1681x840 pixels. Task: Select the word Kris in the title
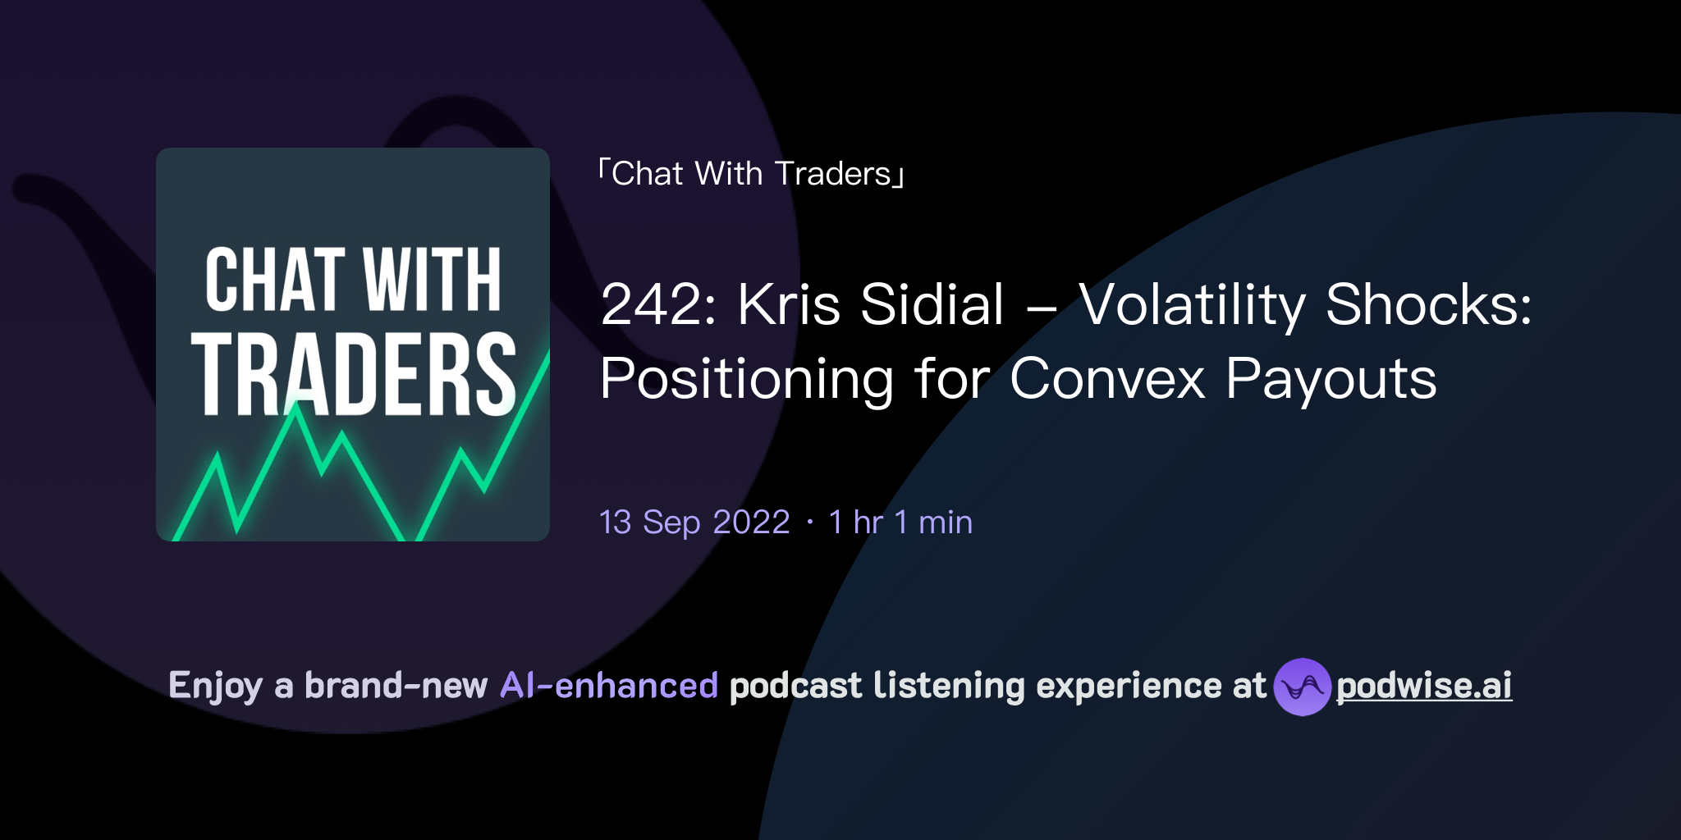click(788, 305)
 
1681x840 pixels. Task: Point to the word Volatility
click(1191, 305)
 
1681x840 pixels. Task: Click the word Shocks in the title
click(1428, 305)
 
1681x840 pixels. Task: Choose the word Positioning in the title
click(746, 380)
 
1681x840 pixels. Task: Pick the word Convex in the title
click(1107, 380)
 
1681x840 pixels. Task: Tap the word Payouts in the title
click(1331, 380)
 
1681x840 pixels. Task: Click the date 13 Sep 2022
click(694, 523)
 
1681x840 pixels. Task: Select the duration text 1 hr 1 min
click(900, 523)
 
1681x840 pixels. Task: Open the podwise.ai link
click(1424, 687)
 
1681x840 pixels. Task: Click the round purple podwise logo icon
click(1302, 687)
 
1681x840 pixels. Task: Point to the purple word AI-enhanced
click(609, 686)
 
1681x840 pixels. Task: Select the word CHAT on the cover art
click(275, 281)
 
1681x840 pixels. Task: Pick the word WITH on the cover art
click(432, 281)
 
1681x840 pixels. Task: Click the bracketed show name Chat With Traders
click(751, 174)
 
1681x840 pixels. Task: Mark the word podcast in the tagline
click(795, 686)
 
